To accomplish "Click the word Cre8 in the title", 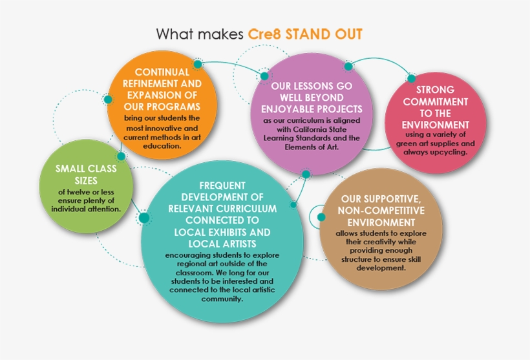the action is coord(264,34).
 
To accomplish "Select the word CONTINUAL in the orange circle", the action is coord(162,72).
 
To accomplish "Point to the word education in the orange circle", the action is coord(162,146).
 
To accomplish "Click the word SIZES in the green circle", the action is coord(86,180).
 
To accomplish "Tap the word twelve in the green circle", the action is coord(78,192).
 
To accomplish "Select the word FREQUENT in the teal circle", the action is coord(222,185).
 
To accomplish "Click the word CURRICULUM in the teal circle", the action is coord(246,209).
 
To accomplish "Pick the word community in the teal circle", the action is coord(222,299).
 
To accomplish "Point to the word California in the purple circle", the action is coord(311,129).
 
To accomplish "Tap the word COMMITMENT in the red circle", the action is coord(436,101).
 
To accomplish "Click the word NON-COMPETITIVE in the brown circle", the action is coord(381,210).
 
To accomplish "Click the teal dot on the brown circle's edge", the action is coord(321,217).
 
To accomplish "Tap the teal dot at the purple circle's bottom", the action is coord(306,174).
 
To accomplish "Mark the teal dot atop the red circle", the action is coord(411,78).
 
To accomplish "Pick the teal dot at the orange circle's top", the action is coord(198,64).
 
